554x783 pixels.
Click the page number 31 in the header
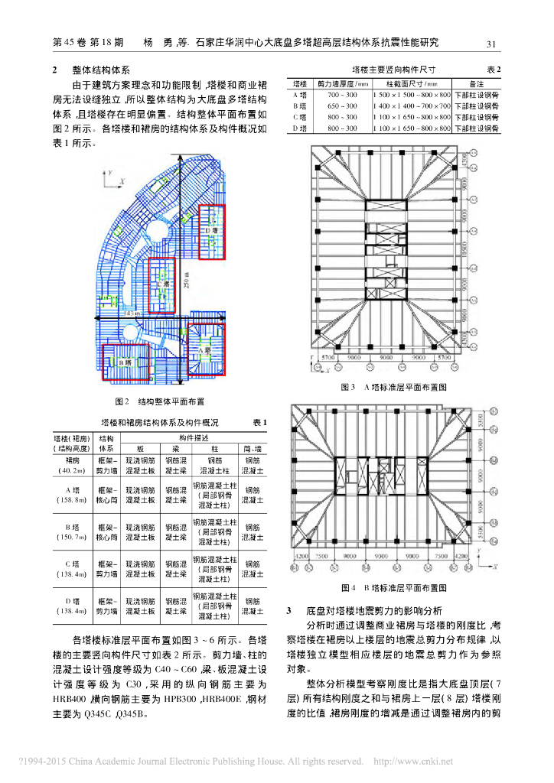coord(492,43)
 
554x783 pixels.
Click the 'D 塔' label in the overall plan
coord(212,230)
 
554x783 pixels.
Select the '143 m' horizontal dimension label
coord(130,314)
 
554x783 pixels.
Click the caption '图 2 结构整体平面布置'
coord(159,401)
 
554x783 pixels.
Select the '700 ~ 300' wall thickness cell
coord(341,93)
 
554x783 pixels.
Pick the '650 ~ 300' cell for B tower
coord(341,105)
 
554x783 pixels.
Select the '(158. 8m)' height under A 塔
coord(73,500)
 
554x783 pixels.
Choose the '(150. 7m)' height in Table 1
coord(73,538)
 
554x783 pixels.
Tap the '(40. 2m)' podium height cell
coord(73,471)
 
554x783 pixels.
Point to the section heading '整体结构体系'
coord(102,69)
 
